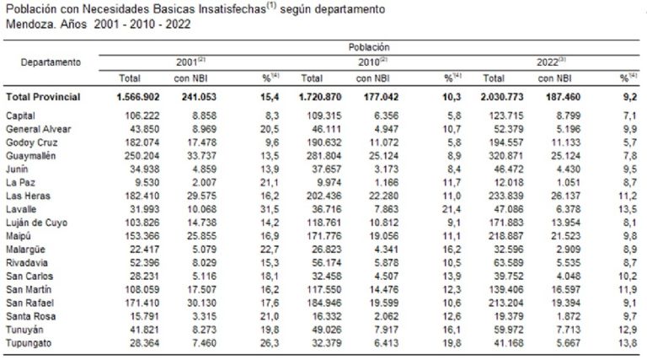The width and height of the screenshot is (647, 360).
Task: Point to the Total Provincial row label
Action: (x=43, y=97)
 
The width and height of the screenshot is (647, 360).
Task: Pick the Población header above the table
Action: (x=367, y=47)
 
